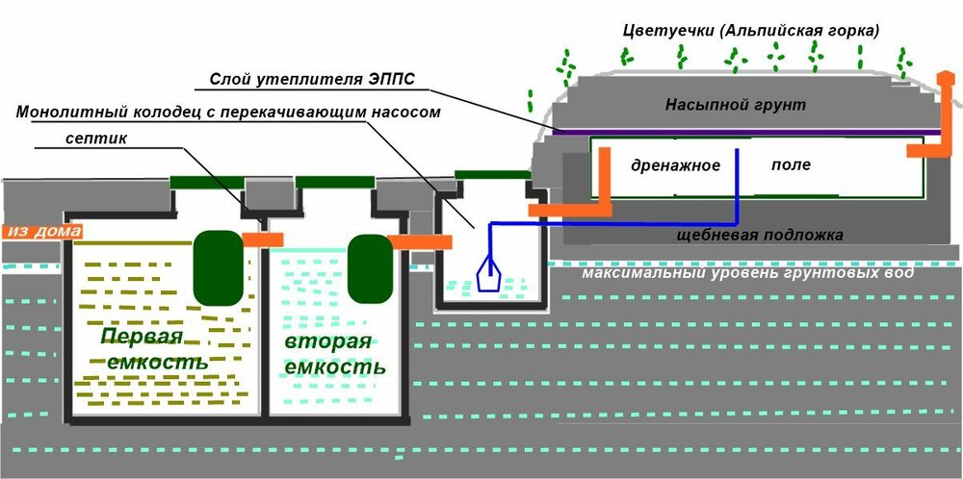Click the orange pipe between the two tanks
point(261,238)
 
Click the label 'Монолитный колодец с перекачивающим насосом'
point(227,113)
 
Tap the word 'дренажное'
point(675,165)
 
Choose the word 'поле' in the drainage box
point(791,164)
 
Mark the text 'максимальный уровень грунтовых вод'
point(747,274)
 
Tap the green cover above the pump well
point(490,174)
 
